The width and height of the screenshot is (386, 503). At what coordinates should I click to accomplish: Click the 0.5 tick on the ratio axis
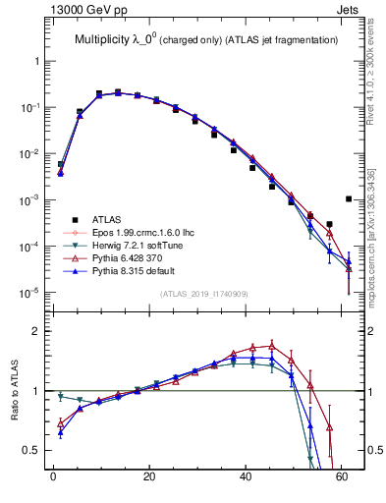pos(32,450)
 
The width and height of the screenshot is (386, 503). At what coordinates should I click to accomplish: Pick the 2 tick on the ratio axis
pos(38,331)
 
